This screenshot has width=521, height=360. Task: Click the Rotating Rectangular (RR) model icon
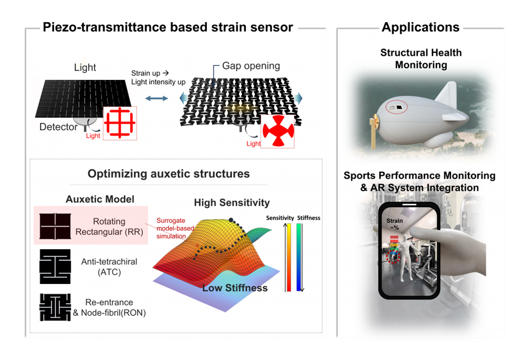click(55, 226)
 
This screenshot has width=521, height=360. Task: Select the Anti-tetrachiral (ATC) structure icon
click(55, 267)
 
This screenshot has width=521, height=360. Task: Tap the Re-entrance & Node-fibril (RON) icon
click(55, 307)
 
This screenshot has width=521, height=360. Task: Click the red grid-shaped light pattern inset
click(120, 123)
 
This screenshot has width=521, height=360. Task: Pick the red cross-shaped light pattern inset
click(278, 131)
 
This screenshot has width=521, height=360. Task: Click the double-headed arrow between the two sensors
click(157, 98)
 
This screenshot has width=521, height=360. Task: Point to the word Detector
click(58, 127)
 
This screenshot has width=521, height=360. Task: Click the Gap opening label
click(251, 66)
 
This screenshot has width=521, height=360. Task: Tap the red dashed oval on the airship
click(396, 107)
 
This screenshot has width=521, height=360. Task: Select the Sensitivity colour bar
click(289, 257)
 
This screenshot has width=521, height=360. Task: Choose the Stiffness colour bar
click(299, 257)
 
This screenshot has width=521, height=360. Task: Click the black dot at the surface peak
click(231, 220)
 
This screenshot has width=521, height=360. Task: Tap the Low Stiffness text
click(235, 288)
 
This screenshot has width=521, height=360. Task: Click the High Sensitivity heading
click(232, 202)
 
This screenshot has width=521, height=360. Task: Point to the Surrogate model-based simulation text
click(175, 228)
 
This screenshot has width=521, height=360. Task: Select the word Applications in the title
click(421, 27)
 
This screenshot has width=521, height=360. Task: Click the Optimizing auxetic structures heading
click(169, 174)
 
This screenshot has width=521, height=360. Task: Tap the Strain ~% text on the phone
click(394, 224)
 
